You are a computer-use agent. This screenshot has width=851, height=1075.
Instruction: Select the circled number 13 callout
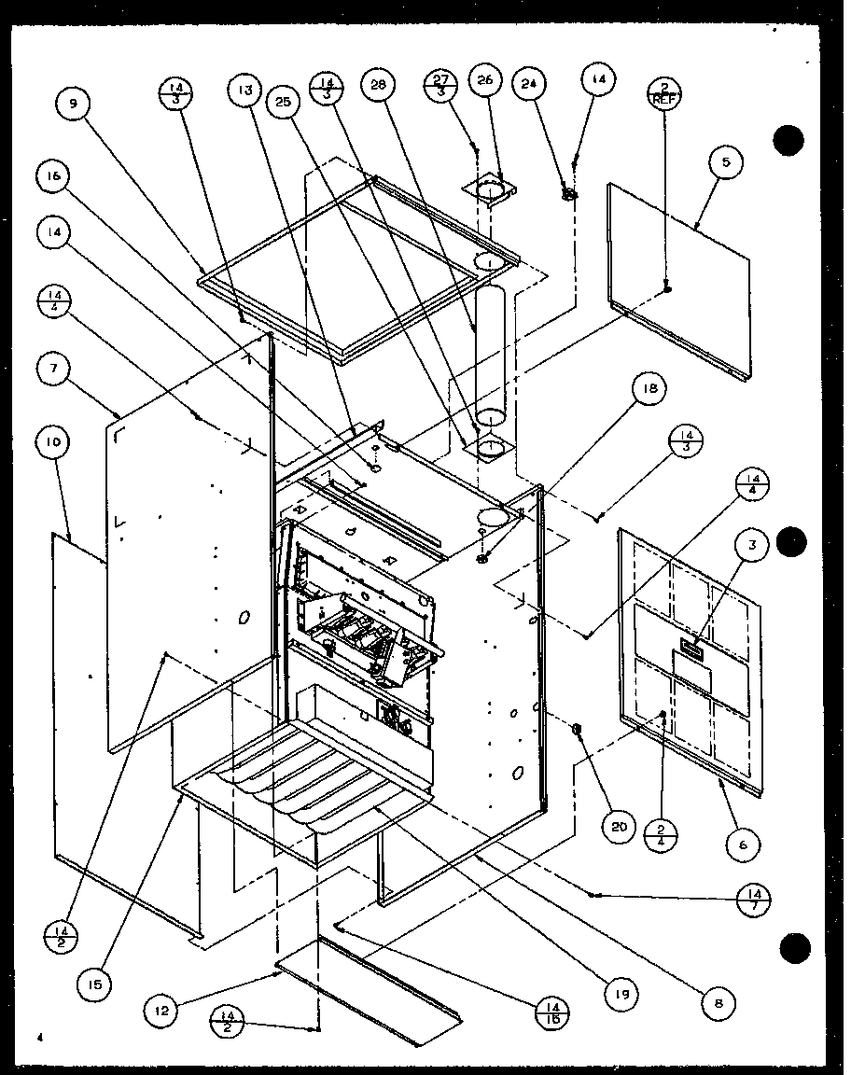[x=245, y=90]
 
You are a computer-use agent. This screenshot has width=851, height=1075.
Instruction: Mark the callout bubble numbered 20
[x=621, y=826]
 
